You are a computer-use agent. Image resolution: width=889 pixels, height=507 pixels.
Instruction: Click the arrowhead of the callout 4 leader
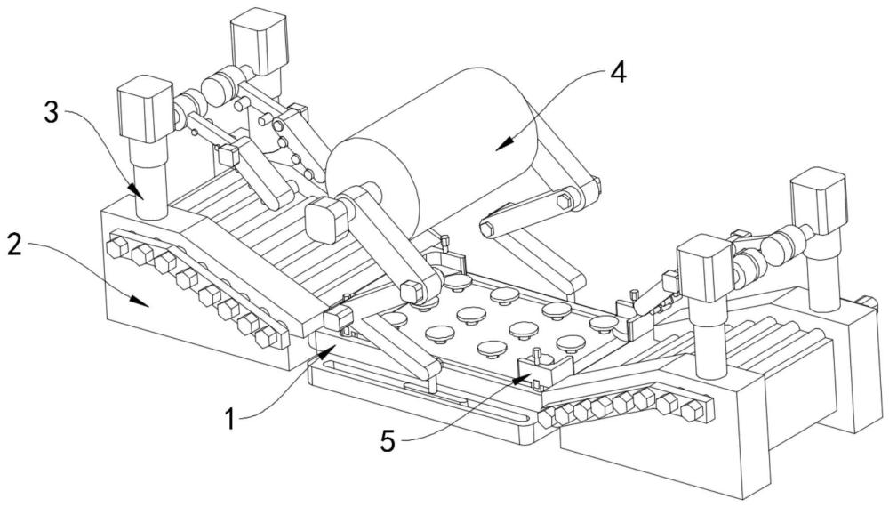[497, 143]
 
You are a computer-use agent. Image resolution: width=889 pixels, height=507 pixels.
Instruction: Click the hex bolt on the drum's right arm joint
[565, 202]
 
